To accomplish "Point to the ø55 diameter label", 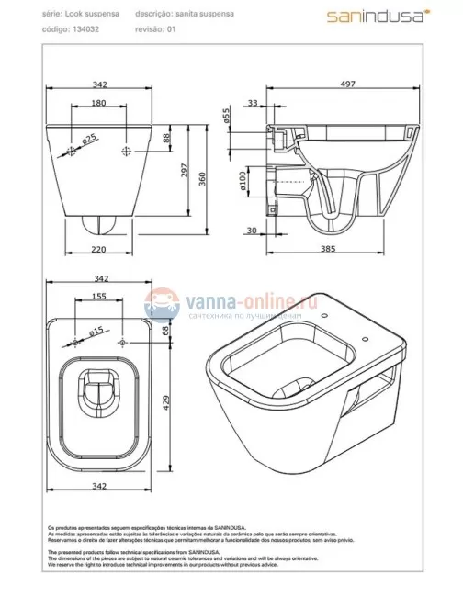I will (252, 117).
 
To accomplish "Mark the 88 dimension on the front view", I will (165, 138).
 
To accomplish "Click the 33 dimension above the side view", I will (252, 104).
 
